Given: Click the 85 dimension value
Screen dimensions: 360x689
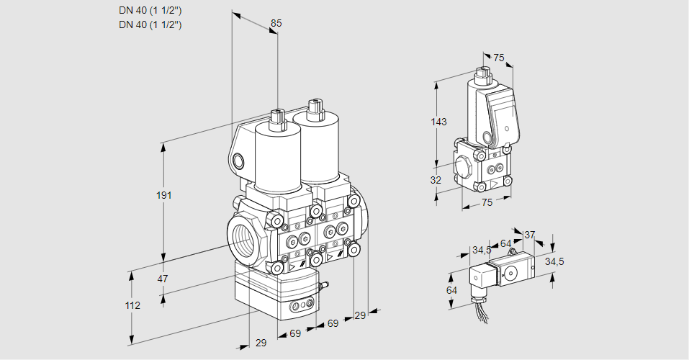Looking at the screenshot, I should point(276,23).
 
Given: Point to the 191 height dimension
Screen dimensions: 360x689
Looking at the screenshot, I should point(166,196).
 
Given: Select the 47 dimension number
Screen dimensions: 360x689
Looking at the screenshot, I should point(163,279).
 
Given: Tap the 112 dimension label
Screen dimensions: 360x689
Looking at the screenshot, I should point(132,305).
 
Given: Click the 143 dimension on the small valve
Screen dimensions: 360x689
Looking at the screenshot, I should point(438,122).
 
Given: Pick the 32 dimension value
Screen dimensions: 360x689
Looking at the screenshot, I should point(436,180).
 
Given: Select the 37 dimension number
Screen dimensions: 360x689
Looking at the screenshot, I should point(529,235).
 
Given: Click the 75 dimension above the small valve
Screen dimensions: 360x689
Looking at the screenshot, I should point(499,58).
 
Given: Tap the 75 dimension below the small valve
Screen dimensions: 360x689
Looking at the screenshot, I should point(487,203).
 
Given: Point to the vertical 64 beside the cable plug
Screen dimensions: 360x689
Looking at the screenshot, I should point(452,290).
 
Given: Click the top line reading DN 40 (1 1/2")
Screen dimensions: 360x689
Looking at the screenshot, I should point(150,10).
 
